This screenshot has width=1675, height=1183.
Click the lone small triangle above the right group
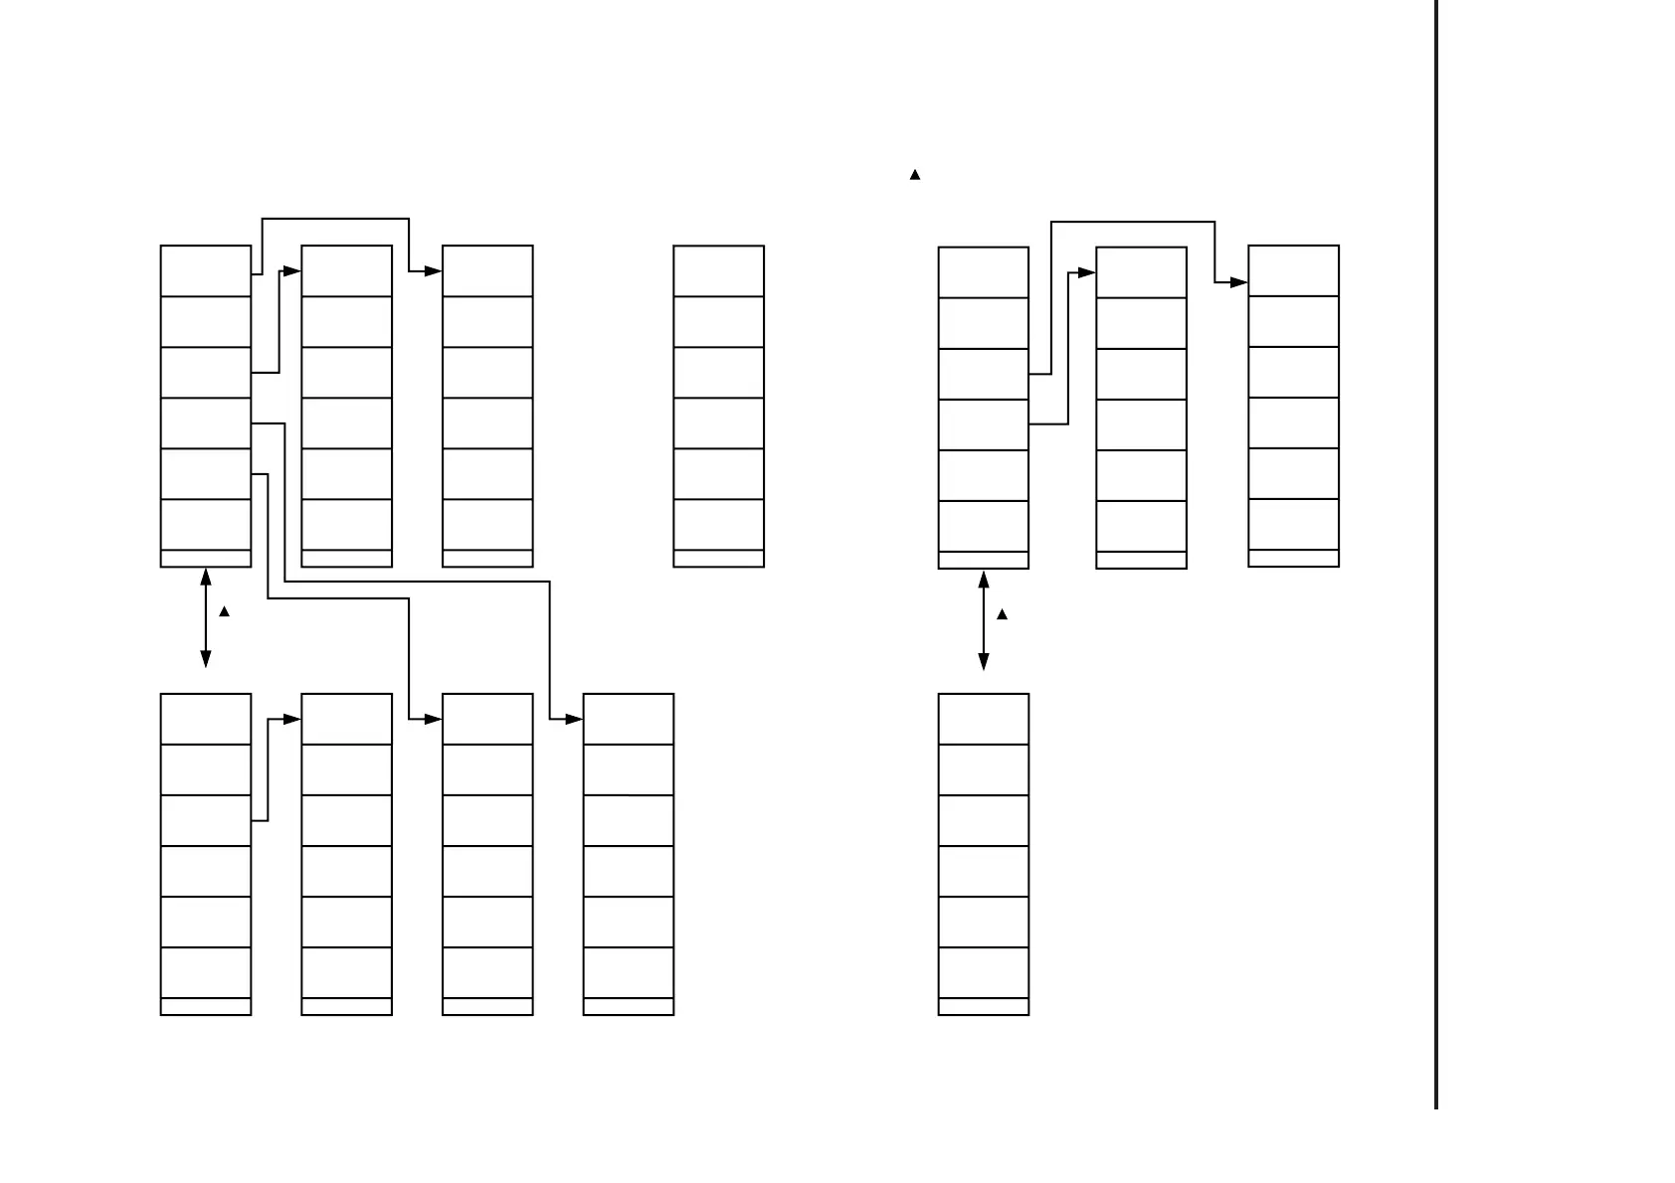(x=915, y=175)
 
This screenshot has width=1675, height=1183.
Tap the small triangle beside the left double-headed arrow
(x=224, y=611)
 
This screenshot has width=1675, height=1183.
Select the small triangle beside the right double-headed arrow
(x=1002, y=614)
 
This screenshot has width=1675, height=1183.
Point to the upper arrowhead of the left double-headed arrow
(x=206, y=576)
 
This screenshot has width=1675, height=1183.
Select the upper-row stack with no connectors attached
(x=718, y=406)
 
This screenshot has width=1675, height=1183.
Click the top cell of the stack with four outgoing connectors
(x=206, y=270)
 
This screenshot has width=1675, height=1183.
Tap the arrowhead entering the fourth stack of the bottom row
(x=574, y=719)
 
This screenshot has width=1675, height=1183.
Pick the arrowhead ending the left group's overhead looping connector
(x=433, y=270)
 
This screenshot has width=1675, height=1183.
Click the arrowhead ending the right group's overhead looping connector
(x=1238, y=282)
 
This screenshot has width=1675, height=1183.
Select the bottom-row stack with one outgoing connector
(x=206, y=854)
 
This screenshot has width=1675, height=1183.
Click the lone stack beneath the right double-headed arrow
(x=984, y=854)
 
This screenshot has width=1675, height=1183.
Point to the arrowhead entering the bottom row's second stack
(x=291, y=719)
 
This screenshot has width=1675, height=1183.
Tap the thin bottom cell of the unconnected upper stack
(x=718, y=559)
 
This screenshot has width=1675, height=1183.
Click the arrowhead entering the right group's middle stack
(x=1086, y=271)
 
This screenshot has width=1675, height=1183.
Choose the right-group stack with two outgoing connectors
(x=984, y=408)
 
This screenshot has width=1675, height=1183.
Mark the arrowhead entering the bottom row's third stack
(x=433, y=719)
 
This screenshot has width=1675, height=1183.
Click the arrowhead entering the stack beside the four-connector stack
(x=291, y=270)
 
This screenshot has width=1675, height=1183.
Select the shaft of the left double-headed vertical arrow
(x=206, y=617)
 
